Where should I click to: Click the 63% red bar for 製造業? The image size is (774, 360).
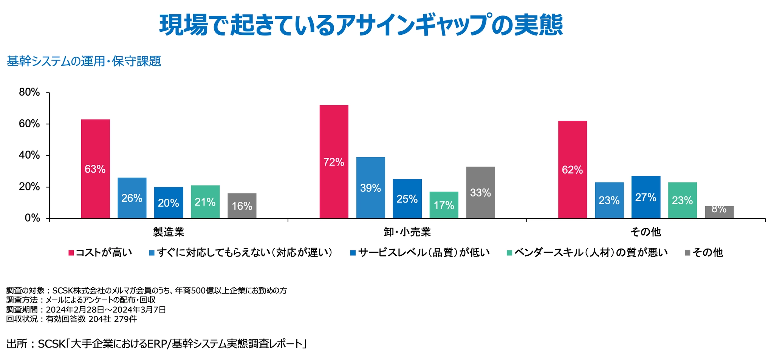tap(95, 169)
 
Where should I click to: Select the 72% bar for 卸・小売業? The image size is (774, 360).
tap(334, 162)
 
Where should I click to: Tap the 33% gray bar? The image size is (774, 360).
tap(480, 192)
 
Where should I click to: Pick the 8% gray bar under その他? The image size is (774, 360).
tap(719, 212)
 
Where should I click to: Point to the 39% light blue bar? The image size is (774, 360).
tap(370, 188)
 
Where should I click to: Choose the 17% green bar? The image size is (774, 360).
tap(444, 205)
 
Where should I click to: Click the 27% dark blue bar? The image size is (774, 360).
tap(646, 197)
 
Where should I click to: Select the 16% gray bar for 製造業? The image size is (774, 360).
tap(242, 206)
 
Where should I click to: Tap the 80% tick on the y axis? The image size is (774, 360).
tap(48, 93)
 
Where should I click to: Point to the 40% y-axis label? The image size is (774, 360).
tap(29, 155)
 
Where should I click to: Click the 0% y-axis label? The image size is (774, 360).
tap(33, 218)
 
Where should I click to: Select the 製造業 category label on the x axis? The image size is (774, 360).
tap(169, 232)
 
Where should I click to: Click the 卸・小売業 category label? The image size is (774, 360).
tap(407, 232)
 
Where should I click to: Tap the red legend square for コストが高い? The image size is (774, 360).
tap(71, 253)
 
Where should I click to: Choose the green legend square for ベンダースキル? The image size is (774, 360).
tap(509, 253)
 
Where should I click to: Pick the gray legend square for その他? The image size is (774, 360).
tap(687, 253)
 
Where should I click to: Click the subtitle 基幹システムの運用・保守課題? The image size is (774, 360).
tap(84, 61)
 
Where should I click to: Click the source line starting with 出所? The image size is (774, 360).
tap(156, 344)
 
